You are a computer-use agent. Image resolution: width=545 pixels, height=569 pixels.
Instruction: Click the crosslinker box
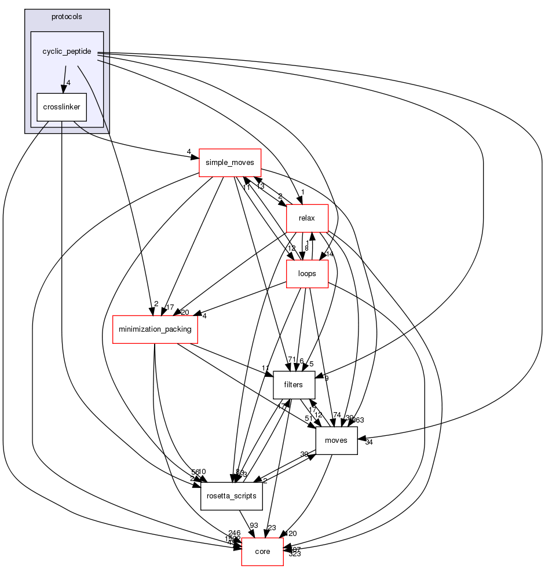coord(61,107)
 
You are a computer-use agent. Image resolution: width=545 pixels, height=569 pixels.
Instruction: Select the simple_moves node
coord(230,163)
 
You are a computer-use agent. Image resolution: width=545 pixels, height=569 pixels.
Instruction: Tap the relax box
coord(308,219)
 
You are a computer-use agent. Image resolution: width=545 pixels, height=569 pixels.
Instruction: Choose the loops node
coord(308,274)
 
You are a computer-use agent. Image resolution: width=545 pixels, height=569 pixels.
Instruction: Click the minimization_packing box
coord(155,329)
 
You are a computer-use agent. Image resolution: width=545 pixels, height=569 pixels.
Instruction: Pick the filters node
coord(294,385)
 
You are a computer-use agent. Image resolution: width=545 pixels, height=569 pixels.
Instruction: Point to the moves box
coord(336,440)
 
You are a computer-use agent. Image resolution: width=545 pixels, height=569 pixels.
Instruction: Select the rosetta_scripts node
coord(232,496)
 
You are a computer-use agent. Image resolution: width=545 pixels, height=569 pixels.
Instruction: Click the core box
coord(262,552)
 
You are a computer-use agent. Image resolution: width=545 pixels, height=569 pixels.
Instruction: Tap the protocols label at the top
coord(67,17)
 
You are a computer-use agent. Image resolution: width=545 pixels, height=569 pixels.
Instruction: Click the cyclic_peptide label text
coord(67,52)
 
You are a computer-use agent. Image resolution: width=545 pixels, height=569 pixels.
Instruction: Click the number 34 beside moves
coord(369,443)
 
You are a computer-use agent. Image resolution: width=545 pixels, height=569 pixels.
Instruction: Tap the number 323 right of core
coord(294,554)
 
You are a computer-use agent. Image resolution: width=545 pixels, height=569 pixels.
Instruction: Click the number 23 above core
coord(272,528)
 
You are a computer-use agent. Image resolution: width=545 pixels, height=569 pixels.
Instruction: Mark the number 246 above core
coord(235,533)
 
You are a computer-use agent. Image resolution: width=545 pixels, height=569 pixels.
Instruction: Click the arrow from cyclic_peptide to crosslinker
coord(64,78)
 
